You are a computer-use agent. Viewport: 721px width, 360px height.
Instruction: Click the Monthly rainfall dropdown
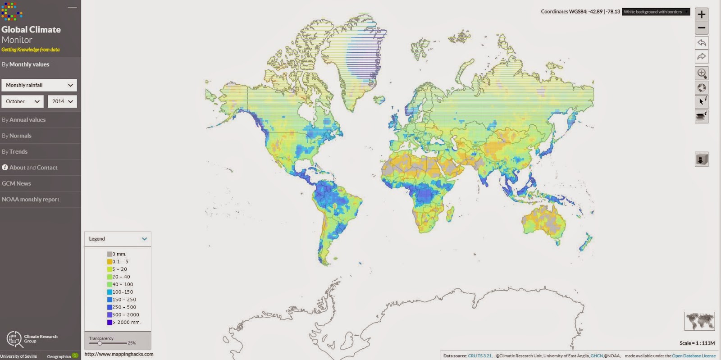coord(39,85)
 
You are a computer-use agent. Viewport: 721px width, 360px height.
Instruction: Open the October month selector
coord(23,101)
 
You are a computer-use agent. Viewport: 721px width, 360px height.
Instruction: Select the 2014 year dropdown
coord(62,101)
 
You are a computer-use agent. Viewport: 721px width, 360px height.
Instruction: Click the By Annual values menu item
coord(24,120)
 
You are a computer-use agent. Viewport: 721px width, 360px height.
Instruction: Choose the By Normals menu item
coord(17,136)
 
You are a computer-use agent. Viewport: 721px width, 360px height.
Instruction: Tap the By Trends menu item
coord(15,151)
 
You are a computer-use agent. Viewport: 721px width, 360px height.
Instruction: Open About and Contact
coord(30,168)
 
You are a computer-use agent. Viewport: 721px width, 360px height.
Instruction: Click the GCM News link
coord(16,183)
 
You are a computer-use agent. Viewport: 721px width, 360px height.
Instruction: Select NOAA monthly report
coord(31,200)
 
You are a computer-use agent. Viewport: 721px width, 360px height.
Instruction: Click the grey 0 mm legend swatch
coord(110,254)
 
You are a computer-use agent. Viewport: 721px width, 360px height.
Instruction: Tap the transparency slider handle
coord(100,343)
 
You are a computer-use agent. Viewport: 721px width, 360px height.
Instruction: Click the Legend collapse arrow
coord(144,239)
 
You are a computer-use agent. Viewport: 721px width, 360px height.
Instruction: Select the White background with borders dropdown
coord(656,12)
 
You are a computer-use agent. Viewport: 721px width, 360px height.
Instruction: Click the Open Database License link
coord(694,356)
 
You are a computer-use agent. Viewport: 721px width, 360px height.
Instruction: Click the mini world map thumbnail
coord(699,321)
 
